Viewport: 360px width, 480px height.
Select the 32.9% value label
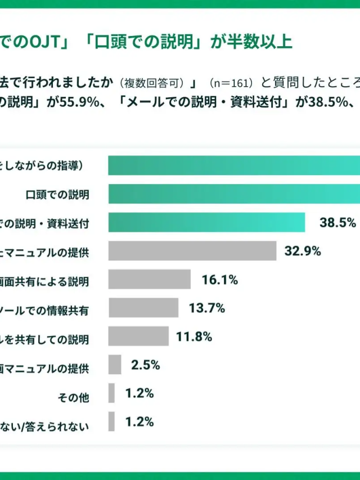[303, 252]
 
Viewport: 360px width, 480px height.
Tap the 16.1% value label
[219, 280]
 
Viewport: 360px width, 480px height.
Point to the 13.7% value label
[207, 308]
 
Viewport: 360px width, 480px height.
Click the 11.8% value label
[194, 337]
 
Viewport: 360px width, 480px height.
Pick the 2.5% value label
[145, 365]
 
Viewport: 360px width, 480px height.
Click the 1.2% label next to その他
[139, 393]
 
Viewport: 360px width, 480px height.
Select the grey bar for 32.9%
[192, 251]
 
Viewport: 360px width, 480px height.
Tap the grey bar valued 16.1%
[150, 280]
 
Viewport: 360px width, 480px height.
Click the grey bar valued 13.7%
[143, 308]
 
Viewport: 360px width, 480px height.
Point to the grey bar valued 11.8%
[138, 337]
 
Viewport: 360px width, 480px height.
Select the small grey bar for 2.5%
[115, 365]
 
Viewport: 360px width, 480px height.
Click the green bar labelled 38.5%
[206, 222]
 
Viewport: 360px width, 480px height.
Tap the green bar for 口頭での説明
[234, 194]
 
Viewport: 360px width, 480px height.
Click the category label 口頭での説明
[57, 195]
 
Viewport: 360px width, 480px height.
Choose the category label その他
[73, 397]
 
